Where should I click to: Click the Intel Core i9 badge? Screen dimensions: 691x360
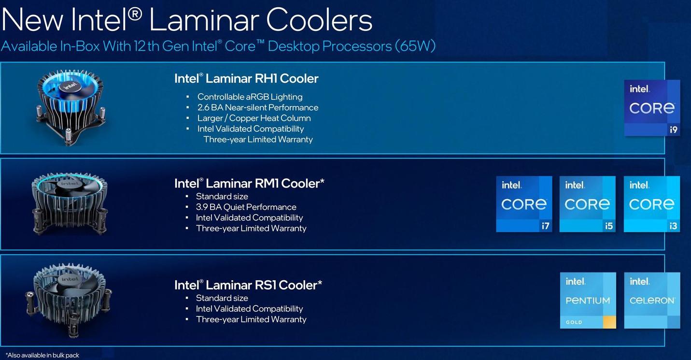[x=652, y=108]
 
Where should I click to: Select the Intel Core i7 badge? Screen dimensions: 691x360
[x=524, y=204]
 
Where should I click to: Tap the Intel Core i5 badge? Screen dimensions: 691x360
[x=588, y=204]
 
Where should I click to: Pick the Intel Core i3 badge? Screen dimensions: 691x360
[x=652, y=204]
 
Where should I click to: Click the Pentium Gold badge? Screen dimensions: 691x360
[x=588, y=301]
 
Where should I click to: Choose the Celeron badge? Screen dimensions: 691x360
[x=652, y=301]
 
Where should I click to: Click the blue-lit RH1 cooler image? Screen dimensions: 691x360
[x=71, y=107]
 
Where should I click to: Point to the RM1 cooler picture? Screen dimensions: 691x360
[x=70, y=204]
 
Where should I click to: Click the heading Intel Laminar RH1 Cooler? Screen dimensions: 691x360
[x=246, y=78]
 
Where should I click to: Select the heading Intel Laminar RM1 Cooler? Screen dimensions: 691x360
[x=249, y=184]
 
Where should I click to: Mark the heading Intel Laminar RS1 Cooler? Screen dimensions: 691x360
[x=248, y=285]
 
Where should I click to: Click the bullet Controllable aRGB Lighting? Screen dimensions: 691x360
[x=250, y=97]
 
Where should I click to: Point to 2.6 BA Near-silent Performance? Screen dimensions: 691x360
[x=258, y=107]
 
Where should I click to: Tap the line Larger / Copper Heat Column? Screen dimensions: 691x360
[x=254, y=118]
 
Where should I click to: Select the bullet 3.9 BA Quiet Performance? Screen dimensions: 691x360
[x=246, y=207]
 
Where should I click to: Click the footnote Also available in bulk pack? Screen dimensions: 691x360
[x=42, y=355]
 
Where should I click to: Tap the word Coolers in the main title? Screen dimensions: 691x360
[x=319, y=20]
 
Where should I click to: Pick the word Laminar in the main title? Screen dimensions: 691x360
[x=204, y=20]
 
